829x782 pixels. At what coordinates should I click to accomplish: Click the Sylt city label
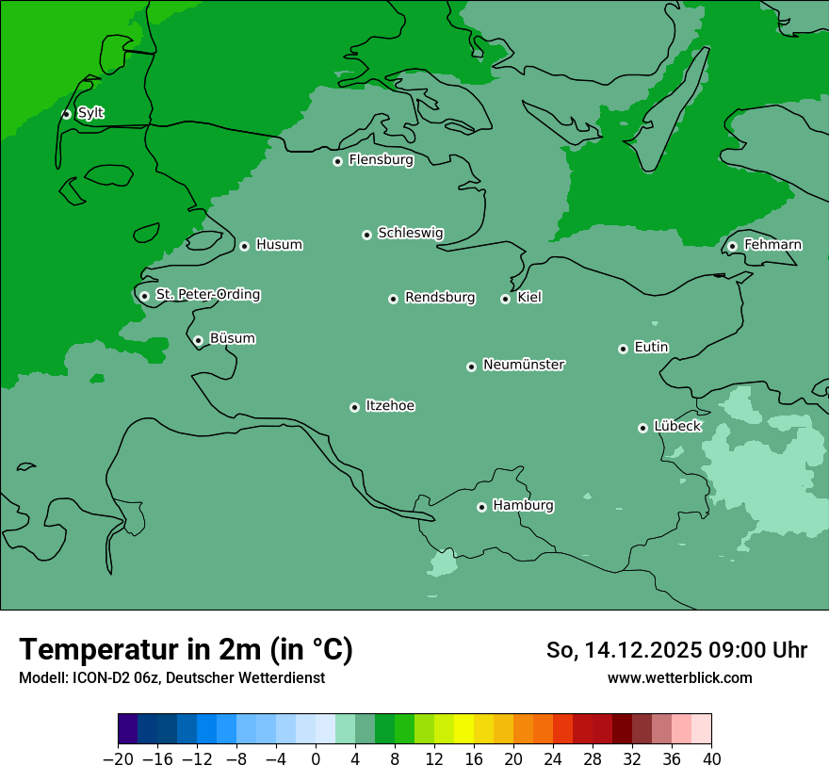pyautogui.click(x=90, y=113)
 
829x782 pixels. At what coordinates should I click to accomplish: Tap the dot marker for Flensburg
pyautogui.click(x=337, y=161)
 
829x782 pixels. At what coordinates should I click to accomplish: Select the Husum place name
pyautogui.click(x=279, y=245)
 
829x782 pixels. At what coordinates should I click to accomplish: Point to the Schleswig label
pyautogui.click(x=410, y=233)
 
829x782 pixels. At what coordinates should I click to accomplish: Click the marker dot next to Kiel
pyautogui.click(x=505, y=299)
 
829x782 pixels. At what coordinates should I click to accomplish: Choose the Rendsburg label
pyautogui.click(x=440, y=298)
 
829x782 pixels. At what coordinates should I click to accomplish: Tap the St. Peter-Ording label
pyautogui.click(x=207, y=294)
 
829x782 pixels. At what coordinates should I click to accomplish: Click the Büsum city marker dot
pyautogui.click(x=198, y=340)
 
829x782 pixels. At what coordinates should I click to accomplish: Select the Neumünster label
pyautogui.click(x=524, y=365)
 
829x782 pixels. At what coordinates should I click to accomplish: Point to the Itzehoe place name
pyautogui.click(x=390, y=406)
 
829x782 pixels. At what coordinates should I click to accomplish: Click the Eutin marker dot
pyautogui.click(x=623, y=349)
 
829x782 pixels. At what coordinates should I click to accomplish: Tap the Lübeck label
pyautogui.click(x=677, y=426)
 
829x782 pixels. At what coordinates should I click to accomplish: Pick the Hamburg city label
pyautogui.click(x=523, y=505)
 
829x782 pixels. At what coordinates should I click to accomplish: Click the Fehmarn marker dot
pyautogui.click(x=732, y=246)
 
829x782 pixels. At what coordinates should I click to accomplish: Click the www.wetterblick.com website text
pyautogui.click(x=679, y=677)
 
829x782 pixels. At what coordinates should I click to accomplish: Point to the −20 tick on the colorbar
pyautogui.click(x=118, y=758)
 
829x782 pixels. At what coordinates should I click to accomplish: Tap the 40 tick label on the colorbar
pyautogui.click(x=711, y=758)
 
